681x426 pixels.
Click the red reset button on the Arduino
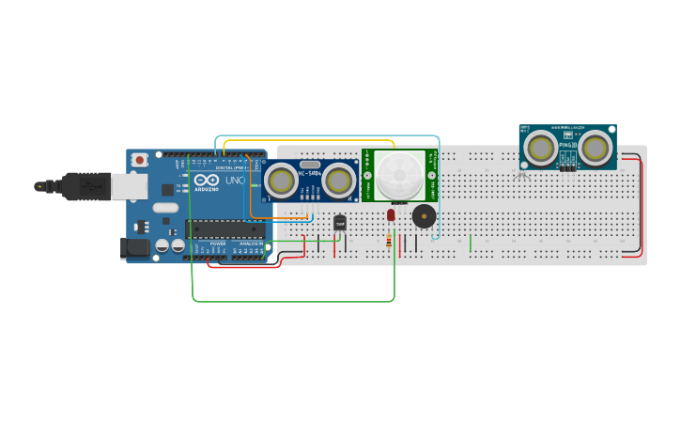[140, 160]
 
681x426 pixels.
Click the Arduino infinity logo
[208, 181]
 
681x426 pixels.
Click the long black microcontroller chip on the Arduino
[224, 229]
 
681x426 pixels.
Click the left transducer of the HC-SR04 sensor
[281, 180]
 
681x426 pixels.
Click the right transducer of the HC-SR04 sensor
[339, 180]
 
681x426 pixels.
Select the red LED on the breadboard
[391, 215]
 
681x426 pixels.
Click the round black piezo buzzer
[425, 216]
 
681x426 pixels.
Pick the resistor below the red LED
[389, 242]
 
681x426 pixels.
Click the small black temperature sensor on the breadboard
[340, 223]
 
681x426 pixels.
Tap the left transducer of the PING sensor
[539, 147]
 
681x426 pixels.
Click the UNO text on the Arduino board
[234, 181]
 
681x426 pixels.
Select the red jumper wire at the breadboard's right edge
[643, 207]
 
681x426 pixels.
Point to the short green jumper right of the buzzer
[471, 244]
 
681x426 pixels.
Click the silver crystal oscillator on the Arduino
[165, 208]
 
